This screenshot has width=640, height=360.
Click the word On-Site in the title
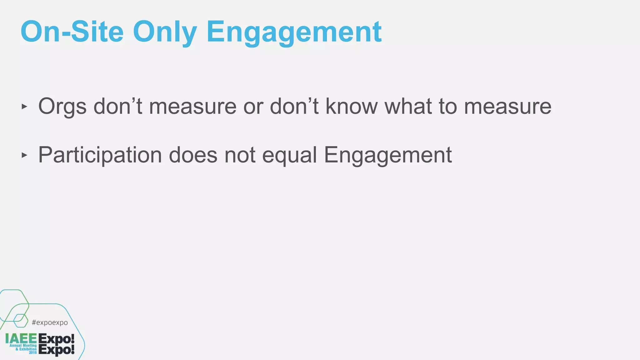(x=72, y=32)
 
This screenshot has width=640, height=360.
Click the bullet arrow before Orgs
(x=24, y=107)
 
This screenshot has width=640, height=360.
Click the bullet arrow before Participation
(x=24, y=155)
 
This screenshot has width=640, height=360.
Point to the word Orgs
(x=62, y=107)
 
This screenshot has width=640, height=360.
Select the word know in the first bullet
(x=352, y=106)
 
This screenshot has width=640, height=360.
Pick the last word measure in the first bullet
(x=508, y=107)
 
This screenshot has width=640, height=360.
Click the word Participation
(x=100, y=155)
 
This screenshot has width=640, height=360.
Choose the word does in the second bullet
(x=193, y=155)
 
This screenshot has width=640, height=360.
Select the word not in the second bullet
(x=240, y=155)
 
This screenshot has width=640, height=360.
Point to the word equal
(x=289, y=155)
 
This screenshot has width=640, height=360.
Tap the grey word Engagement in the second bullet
(x=388, y=155)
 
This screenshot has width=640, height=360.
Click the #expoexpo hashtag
(x=50, y=322)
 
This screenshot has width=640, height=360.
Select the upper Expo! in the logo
(x=57, y=339)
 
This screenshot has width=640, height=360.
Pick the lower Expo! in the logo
(x=57, y=350)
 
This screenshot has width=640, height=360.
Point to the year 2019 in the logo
(x=33, y=352)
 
